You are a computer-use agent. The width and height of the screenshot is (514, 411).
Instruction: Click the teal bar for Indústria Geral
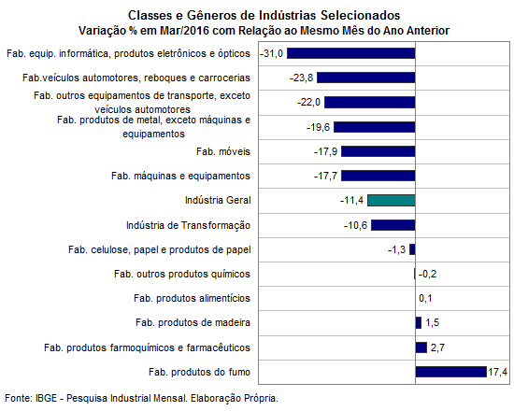(x=392, y=200)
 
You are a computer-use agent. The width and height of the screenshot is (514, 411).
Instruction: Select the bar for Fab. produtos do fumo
(x=451, y=372)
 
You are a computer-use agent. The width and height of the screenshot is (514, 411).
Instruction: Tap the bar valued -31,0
(x=351, y=53)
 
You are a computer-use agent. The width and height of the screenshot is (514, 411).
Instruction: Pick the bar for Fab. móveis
(x=378, y=151)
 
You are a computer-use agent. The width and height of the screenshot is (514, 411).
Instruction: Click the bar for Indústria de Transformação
(x=393, y=225)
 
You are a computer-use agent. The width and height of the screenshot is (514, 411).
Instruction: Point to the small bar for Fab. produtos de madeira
(x=419, y=322)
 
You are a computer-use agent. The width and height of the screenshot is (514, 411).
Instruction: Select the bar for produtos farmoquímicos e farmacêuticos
(x=421, y=347)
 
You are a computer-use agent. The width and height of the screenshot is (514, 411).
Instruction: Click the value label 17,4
(x=497, y=372)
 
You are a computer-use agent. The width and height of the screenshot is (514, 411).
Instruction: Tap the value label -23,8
(x=301, y=78)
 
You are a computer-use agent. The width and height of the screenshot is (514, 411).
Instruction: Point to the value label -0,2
(x=427, y=274)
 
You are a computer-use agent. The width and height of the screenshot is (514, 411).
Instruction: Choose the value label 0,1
(x=425, y=298)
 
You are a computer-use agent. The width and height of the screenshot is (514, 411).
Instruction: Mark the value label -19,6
(x=318, y=127)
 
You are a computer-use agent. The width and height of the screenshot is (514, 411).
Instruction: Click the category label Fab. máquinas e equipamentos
(x=180, y=176)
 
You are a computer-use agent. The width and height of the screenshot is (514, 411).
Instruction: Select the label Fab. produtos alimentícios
(x=192, y=298)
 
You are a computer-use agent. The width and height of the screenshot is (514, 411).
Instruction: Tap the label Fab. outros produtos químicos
(x=182, y=274)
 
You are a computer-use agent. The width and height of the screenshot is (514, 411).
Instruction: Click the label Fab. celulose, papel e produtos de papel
(x=159, y=249)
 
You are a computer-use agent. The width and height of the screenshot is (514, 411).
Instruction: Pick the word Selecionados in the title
(x=360, y=15)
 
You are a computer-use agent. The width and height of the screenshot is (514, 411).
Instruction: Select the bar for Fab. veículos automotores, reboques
(x=366, y=78)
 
